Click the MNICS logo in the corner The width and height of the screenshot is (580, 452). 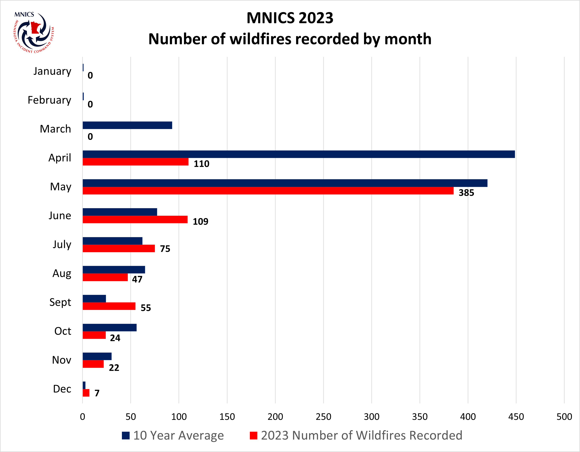(34, 32)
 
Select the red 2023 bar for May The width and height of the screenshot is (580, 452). (268, 191)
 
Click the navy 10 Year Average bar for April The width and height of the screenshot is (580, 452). (299, 154)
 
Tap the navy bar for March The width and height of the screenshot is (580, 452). (127, 125)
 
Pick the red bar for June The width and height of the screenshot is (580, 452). (135, 219)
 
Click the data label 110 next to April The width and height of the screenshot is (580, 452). (201, 164)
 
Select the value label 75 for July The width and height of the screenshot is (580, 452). (165, 249)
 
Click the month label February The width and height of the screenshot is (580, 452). (49, 100)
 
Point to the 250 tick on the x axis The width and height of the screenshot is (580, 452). (323, 417)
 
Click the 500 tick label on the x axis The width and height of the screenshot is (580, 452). (564, 417)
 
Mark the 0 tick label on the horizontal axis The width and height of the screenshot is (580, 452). (83, 417)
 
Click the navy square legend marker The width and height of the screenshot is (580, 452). (126, 435)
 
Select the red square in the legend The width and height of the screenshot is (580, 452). (254, 435)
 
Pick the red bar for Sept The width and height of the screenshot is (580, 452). (109, 306)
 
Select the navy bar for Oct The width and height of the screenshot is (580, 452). (109, 328)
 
